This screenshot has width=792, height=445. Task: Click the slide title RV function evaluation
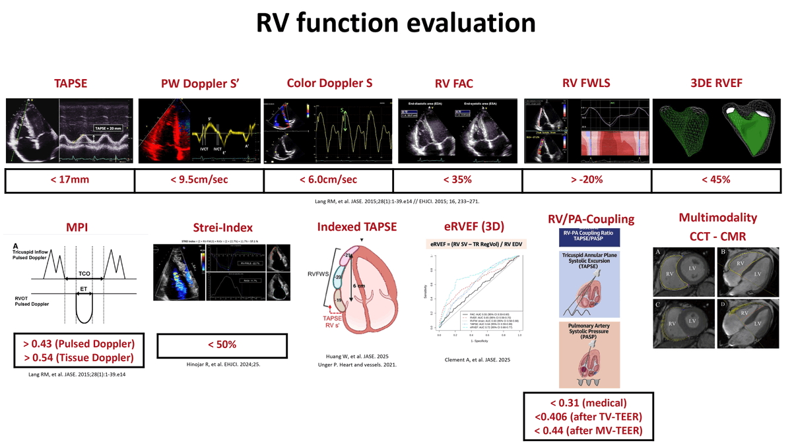(395, 23)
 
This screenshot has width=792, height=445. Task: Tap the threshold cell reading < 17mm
(69, 181)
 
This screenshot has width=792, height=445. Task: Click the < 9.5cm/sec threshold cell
(199, 181)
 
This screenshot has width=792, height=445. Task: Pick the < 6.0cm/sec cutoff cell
(328, 181)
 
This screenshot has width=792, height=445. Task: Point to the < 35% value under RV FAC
(457, 181)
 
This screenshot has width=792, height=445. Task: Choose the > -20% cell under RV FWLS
(587, 181)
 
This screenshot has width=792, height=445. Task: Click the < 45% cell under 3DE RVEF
(716, 181)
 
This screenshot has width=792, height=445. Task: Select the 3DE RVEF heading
(716, 83)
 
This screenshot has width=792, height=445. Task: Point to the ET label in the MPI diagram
(82, 289)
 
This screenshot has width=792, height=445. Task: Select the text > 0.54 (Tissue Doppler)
(79, 358)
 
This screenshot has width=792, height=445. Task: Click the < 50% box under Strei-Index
(222, 345)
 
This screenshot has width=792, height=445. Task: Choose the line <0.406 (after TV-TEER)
(588, 417)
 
